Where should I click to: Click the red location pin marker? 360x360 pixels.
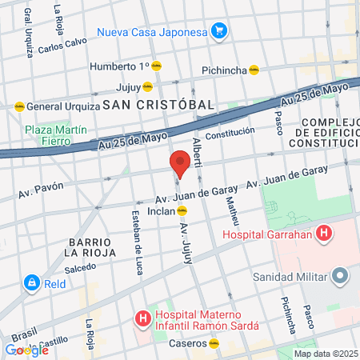point(180,165)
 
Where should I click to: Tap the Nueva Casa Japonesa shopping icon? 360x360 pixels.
point(219,33)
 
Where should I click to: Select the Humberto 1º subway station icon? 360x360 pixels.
point(158,66)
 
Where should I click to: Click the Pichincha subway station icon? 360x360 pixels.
point(254,70)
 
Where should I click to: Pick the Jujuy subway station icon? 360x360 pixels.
point(148,86)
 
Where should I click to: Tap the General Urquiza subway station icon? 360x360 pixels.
point(18,106)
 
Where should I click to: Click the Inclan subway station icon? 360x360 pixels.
point(182,211)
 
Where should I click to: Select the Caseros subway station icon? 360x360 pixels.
point(214,344)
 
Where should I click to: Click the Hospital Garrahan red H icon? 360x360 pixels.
point(324,234)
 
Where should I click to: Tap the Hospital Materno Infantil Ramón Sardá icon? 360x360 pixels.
point(143,319)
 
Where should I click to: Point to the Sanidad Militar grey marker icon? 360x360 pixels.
point(341,277)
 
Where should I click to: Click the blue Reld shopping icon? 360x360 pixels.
point(31,282)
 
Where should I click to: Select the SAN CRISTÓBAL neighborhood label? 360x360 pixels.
point(158,105)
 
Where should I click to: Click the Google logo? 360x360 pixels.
point(26,350)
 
